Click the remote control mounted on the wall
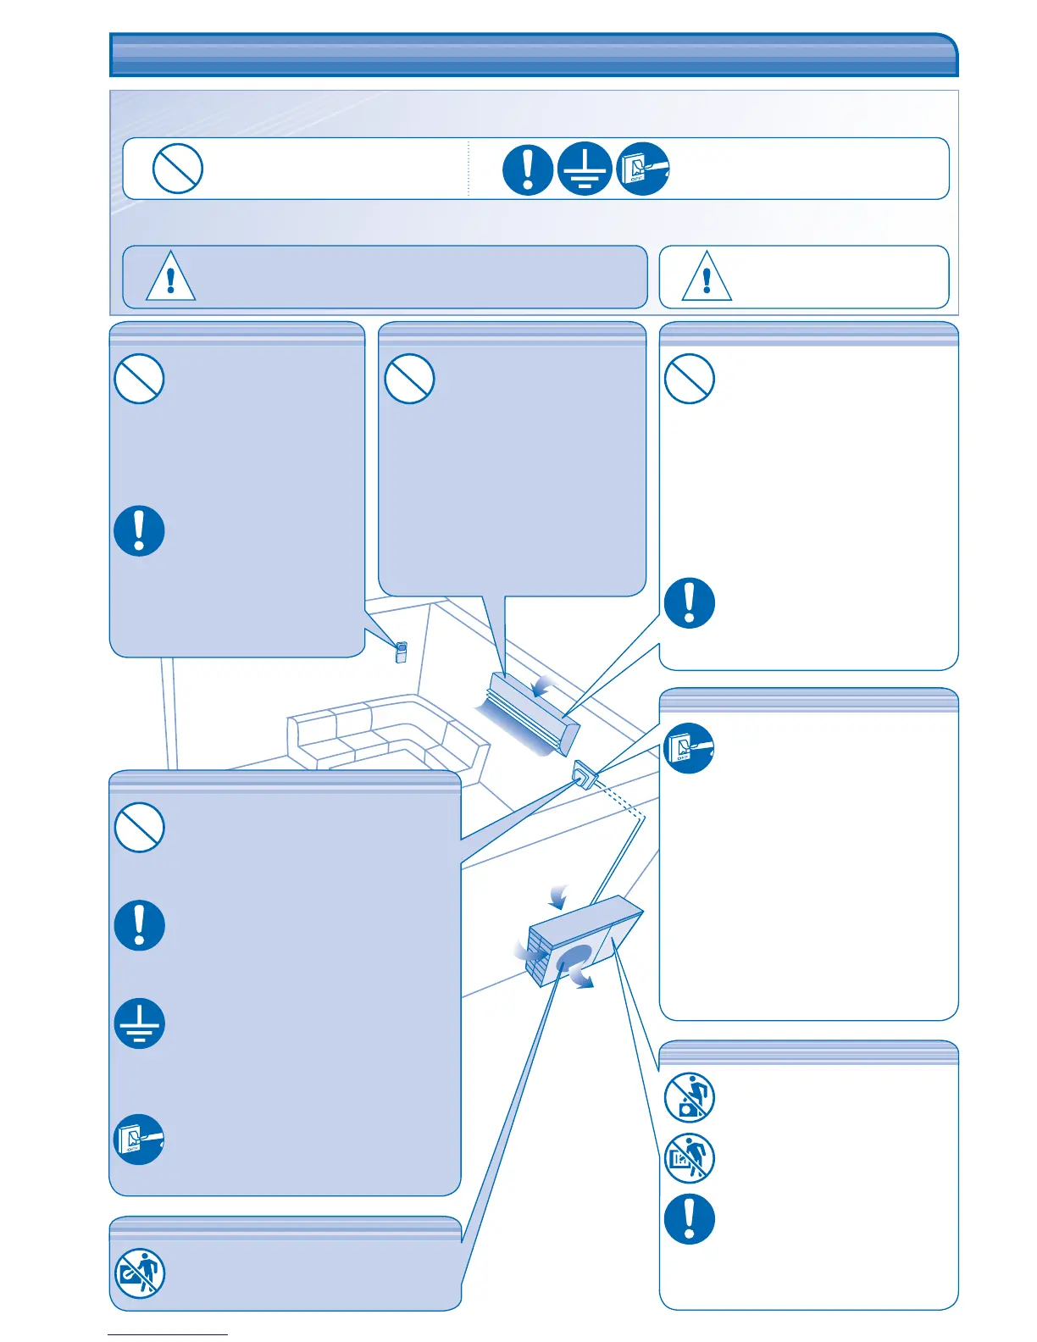point(402,652)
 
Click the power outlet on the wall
point(585,774)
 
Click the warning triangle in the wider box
point(170,276)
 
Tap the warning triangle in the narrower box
point(707,276)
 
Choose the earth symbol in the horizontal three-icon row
point(585,169)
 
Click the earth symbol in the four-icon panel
point(140,1023)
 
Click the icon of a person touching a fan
point(139,1273)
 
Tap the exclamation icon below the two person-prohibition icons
point(689,1219)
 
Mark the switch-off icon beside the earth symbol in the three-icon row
point(642,169)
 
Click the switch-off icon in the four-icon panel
point(139,1139)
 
